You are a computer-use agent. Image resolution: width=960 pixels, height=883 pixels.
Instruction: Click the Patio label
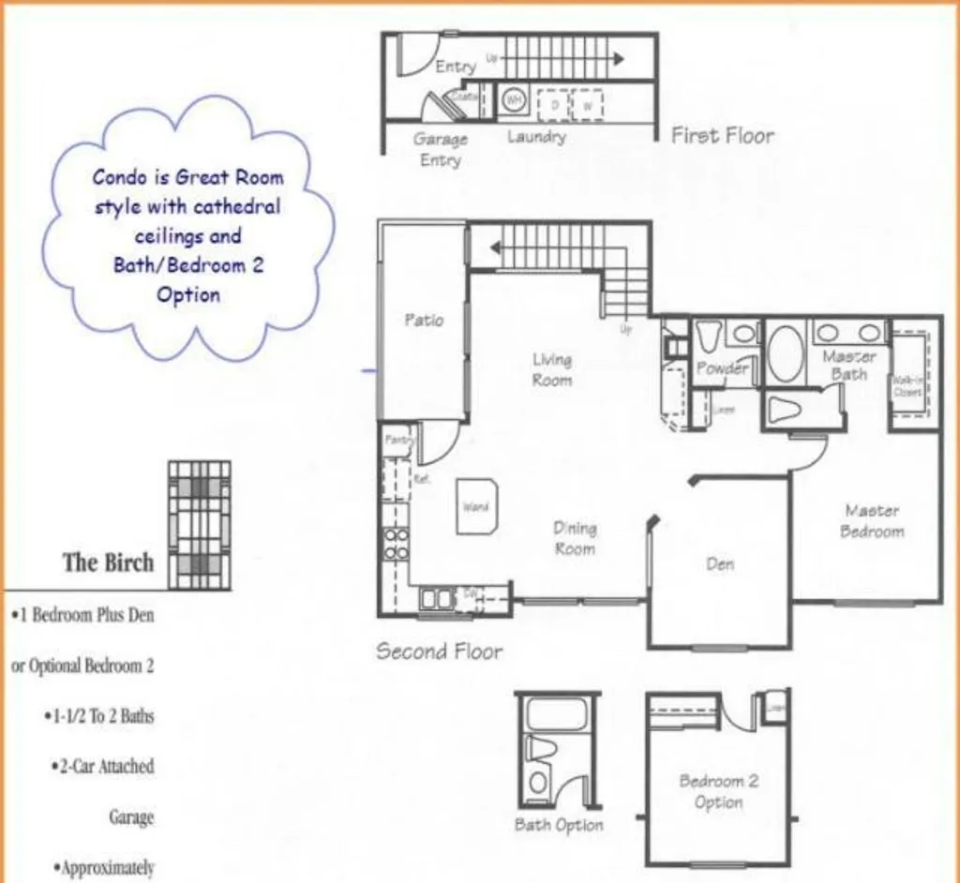coord(424,320)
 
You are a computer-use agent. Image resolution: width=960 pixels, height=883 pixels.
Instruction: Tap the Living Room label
coord(552,369)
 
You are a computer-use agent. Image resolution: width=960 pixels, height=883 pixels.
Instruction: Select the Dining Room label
coord(575,538)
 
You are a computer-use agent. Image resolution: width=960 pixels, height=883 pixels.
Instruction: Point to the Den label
coord(720,564)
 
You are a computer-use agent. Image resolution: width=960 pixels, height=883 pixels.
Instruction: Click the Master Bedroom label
coord(872,521)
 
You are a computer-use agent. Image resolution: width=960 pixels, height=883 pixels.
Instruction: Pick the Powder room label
coord(723,368)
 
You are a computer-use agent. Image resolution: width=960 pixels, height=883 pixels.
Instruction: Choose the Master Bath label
coord(849,365)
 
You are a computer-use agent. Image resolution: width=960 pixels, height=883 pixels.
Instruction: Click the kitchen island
coord(477,507)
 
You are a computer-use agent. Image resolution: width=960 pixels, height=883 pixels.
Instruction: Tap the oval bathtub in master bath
coord(786,353)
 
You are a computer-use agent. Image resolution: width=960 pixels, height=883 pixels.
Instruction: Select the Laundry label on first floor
coord(536,137)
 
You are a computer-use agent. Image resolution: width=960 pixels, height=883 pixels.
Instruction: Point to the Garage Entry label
coord(440,149)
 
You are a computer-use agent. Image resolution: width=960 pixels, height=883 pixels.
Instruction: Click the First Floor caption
coord(723,135)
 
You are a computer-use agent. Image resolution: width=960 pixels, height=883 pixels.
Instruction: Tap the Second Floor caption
coord(439,651)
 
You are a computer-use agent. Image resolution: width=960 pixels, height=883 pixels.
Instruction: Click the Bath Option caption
coord(559,825)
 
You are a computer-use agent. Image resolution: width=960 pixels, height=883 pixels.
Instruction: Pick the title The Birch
coord(108,562)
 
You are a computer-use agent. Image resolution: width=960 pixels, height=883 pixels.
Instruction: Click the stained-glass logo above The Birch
coord(199,520)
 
